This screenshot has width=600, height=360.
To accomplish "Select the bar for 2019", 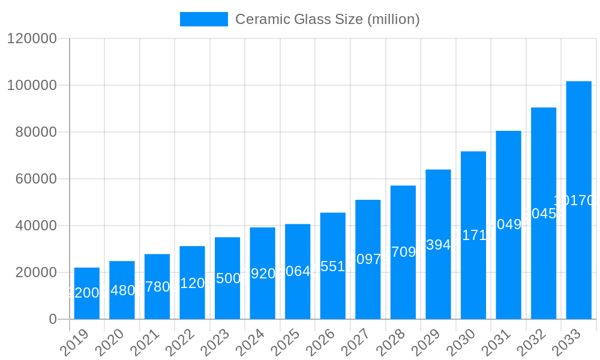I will (x=87, y=293).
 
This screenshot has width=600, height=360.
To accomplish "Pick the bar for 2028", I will (x=403, y=252).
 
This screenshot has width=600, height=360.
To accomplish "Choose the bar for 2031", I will (x=508, y=225).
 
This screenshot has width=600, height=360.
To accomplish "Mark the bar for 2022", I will (x=192, y=283).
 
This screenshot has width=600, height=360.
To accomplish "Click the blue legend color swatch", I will (x=204, y=19).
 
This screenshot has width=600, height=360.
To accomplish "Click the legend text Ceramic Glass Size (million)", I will (x=327, y=19).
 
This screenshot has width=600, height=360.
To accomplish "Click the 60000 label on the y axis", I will (x=35, y=179).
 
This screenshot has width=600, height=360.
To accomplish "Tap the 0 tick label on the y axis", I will (x=53, y=319).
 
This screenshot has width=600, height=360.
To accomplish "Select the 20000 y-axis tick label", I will (x=35, y=272).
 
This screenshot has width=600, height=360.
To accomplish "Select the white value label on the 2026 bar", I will (x=333, y=266).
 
